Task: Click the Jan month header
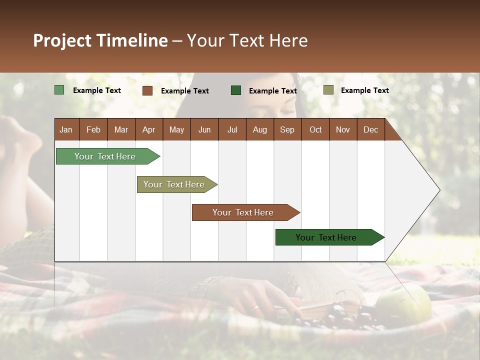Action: [66, 129]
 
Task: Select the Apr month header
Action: [148, 129]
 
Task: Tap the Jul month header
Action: [232, 129]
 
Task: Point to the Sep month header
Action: [287, 129]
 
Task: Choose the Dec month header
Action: [370, 129]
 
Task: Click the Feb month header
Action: [93, 129]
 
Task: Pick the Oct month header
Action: [315, 129]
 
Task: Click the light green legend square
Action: [59, 90]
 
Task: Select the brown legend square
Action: [147, 90]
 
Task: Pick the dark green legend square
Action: [236, 90]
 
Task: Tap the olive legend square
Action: [328, 90]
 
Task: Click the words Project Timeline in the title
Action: [100, 40]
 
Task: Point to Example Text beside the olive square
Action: [364, 90]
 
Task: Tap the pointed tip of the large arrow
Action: [438, 190]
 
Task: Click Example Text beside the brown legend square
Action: [184, 90]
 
